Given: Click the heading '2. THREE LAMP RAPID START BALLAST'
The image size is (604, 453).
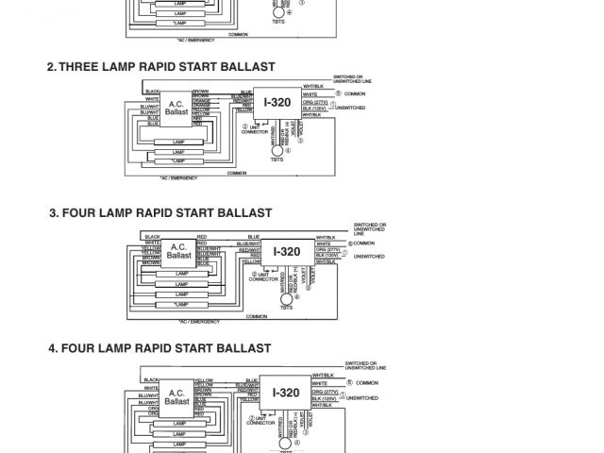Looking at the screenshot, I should click(160, 67).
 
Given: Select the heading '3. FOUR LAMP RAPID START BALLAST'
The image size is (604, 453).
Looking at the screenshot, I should click(160, 213).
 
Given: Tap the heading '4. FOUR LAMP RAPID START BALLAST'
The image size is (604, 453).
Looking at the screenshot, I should click(160, 348).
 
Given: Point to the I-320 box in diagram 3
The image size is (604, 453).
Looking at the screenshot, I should click(287, 252).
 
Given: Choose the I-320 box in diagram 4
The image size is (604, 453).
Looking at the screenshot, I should click(287, 394).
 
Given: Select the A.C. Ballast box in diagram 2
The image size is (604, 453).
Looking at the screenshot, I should click(176, 108).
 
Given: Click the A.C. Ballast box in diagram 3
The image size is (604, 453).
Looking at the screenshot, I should click(179, 251).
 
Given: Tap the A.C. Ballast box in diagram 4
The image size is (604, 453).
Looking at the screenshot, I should click(176, 395).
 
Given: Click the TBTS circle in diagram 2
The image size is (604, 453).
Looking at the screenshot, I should click(277, 150).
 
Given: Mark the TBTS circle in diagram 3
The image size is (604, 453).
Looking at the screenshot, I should click(287, 298).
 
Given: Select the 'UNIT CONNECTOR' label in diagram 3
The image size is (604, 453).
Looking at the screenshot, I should click(264, 277).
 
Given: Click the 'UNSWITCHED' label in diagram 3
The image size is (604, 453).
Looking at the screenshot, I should click(369, 257).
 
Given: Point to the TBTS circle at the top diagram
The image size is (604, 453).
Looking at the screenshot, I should click(277, 13).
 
